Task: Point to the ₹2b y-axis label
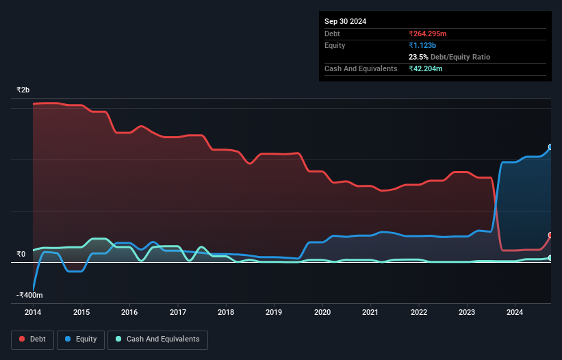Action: [23, 90]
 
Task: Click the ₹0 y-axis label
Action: [21, 255]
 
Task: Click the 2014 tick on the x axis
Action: [33, 312]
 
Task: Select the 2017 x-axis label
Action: [178, 312]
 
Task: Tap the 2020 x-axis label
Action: [322, 312]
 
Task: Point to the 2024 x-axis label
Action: [515, 312]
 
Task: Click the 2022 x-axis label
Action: [419, 312]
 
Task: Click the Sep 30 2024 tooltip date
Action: [345, 21]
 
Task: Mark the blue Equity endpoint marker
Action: [550, 147]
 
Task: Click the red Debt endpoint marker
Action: [550, 235]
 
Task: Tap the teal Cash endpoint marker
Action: [550, 258]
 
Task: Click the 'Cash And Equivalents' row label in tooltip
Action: [361, 68]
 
